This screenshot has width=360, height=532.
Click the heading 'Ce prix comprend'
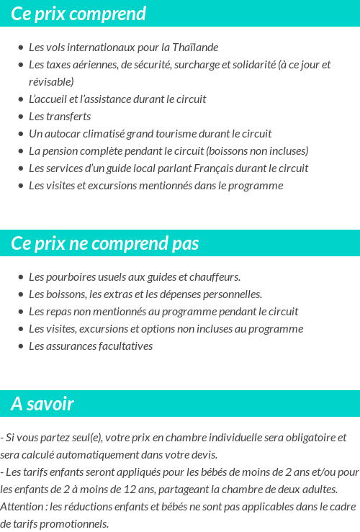click(78, 14)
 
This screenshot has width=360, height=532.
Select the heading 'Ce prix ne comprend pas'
click(104, 243)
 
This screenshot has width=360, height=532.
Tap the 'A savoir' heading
click(42, 404)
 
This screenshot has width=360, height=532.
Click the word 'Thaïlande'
click(195, 48)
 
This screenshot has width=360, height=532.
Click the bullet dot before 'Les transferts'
click(20, 117)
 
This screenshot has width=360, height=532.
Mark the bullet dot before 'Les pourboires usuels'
click(20, 277)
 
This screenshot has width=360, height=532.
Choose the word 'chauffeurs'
click(217, 277)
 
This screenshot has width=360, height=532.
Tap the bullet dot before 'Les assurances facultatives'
click(20, 346)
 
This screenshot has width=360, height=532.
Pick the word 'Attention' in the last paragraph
click(21, 507)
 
